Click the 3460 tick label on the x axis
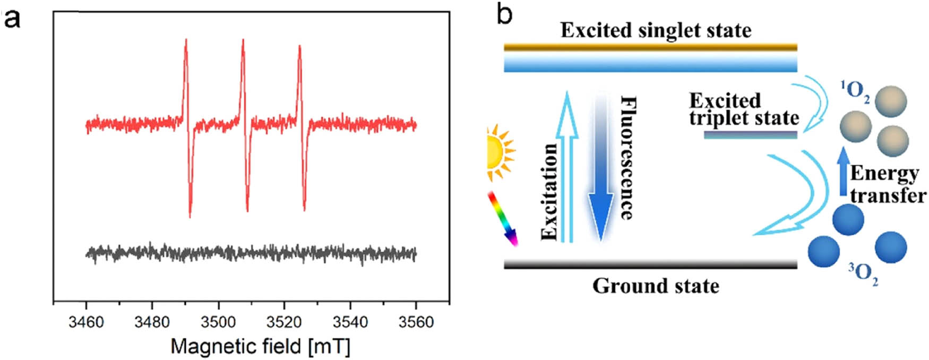pyautogui.click(x=86, y=322)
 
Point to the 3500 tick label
pyautogui.click(x=218, y=322)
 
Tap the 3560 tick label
pyautogui.click(x=416, y=322)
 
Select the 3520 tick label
pyautogui.click(x=284, y=322)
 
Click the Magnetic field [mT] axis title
pyautogui.click(x=260, y=347)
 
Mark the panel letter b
pyautogui.click(x=504, y=14)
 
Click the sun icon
pyautogui.click(x=500, y=153)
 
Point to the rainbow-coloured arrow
pyautogui.click(x=502, y=218)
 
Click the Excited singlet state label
pyautogui.click(x=656, y=30)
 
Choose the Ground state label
pyautogui.click(x=656, y=286)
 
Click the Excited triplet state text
pyautogui.click(x=743, y=109)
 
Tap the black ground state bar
pyautogui.click(x=650, y=264)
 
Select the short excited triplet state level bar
pyautogui.click(x=750, y=135)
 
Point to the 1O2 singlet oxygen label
pyautogui.click(x=854, y=91)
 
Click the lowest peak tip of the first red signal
pyautogui.click(x=190, y=216)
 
